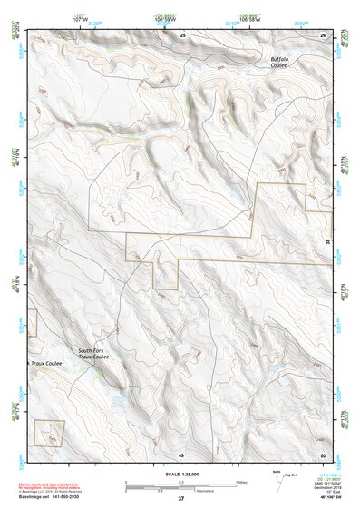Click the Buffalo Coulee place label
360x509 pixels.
point(280,61)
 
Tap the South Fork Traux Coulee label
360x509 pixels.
point(92,354)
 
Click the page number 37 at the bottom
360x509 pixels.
point(180,499)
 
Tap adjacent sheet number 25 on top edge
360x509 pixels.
point(182,34)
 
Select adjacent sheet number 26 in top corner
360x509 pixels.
point(322,34)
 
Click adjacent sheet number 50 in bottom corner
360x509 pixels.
point(322,454)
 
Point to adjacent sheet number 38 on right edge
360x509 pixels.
point(327,241)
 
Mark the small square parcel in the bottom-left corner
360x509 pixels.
point(50,434)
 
